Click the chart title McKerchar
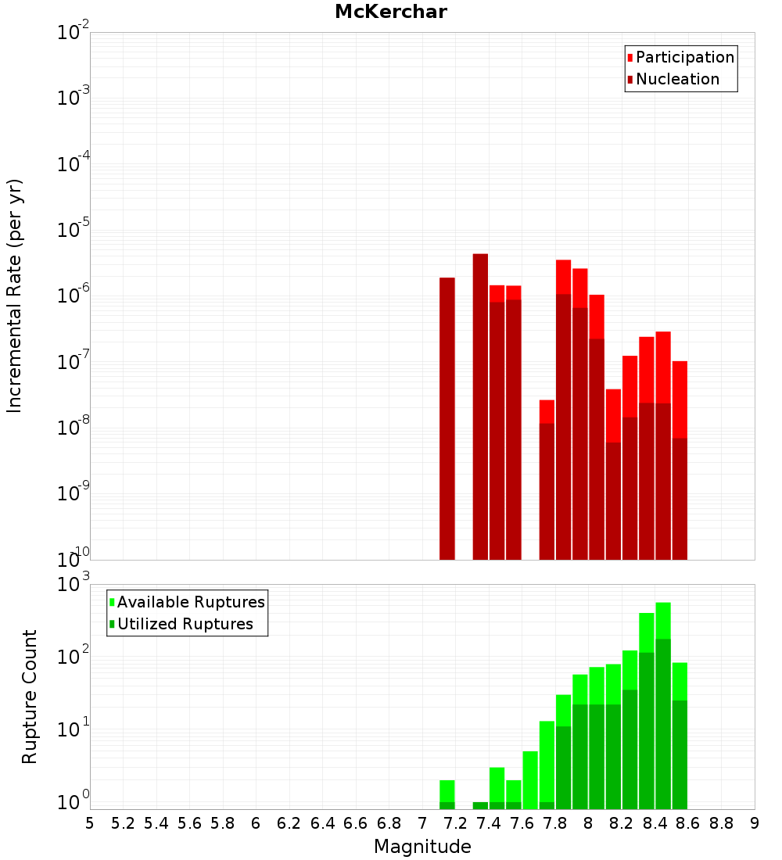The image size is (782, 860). click(x=390, y=12)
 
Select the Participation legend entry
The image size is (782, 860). click(x=684, y=57)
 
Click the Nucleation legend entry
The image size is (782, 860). click(x=676, y=79)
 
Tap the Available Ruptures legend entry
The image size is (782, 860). click(x=190, y=602)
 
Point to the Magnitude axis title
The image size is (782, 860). click(x=422, y=847)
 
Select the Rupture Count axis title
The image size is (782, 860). click(x=30, y=696)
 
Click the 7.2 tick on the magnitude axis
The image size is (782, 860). click(x=455, y=822)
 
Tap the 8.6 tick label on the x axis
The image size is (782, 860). click(x=688, y=822)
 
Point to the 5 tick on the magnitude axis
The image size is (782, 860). click(x=90, y=822)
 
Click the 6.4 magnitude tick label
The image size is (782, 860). click(x=322, y=822)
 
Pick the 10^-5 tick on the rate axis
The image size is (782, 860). click(x=74, y=230)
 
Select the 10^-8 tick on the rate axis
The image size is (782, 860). click(x=74, y=428)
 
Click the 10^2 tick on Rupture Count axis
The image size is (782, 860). click(x=74, y=655)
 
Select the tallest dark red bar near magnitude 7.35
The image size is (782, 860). click(x=480, y=407)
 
